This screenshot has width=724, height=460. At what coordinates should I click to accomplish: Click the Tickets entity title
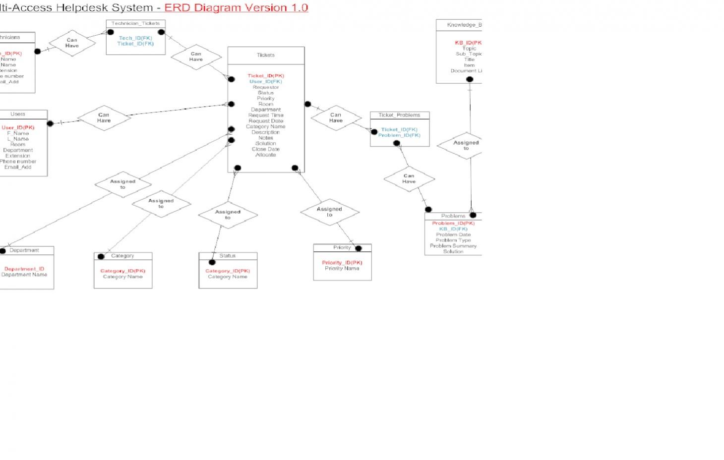(266, 55)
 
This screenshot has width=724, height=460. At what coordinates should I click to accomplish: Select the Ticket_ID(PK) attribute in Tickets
(266, 76)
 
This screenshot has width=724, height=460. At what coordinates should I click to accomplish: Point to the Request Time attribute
(266, 115)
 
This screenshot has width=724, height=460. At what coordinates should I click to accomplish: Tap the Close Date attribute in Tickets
(266, 149)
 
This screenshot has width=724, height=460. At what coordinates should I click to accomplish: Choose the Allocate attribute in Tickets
(266, 155)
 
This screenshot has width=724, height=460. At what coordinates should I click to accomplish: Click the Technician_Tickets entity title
(135, 23)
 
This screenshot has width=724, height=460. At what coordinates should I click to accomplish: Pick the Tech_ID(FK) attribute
(135, 38)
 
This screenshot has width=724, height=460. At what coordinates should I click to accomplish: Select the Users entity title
(18, 114)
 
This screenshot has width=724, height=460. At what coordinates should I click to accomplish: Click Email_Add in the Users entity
(18, 168)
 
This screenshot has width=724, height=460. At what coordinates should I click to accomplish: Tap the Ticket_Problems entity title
(399, 115)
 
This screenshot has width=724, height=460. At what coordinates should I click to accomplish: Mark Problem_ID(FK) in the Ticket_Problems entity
(399, 135)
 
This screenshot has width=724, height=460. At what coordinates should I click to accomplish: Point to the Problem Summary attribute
(453, 246)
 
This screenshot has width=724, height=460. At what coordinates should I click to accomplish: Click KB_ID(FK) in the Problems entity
(453, 229)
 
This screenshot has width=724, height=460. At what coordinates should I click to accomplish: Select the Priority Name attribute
(342, 269)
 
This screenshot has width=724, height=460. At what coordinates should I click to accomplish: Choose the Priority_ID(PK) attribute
(342, 263)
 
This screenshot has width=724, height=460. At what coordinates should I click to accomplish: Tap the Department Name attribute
(24, 275)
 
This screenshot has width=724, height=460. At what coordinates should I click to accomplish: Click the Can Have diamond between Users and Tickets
(104, 118)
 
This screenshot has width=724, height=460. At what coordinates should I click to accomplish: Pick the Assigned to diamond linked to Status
(228, 215)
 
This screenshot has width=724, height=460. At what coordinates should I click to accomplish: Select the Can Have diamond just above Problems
(409, 179)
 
